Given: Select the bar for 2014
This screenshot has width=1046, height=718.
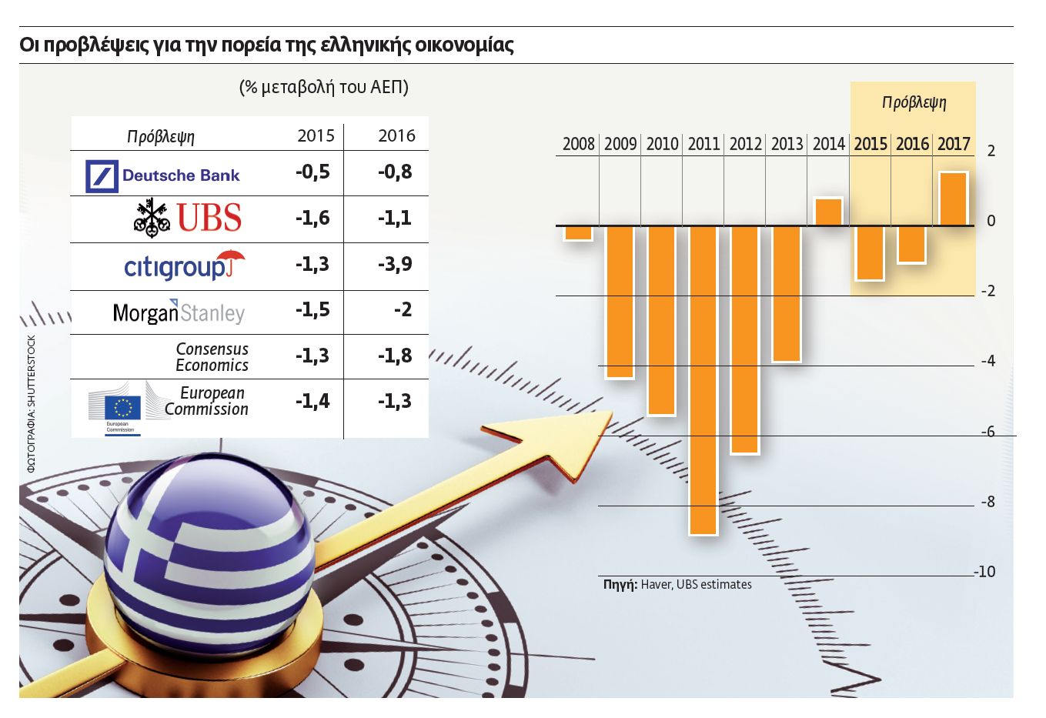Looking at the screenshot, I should click(828, 212).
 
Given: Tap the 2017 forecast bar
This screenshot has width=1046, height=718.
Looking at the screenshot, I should click(953, 199).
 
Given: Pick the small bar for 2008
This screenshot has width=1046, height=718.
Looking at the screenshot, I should click(578, 233).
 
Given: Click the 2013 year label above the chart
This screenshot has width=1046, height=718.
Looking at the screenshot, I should click(787, 144).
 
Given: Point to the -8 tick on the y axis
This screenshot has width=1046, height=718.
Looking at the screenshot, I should click(988, 502).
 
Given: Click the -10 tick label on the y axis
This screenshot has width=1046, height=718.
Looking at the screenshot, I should click(985, 572).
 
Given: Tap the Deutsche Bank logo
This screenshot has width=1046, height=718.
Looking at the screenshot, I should click(163, 176).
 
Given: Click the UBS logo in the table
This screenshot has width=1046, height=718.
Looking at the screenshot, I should click(189, 218).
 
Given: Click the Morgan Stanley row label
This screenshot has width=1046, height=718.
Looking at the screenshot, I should click(179, 312).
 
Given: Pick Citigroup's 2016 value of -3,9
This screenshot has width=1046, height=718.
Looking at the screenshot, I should click(395, 264).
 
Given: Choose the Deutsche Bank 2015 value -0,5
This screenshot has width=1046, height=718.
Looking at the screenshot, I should click(312, 172).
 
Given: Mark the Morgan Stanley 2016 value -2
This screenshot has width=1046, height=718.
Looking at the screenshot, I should click(403, 309).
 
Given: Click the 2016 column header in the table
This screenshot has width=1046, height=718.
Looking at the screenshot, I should click(396, 136).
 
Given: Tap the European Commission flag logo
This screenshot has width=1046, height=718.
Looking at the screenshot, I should click(122, 407).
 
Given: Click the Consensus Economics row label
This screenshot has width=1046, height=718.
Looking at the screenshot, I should click(212, 357).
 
